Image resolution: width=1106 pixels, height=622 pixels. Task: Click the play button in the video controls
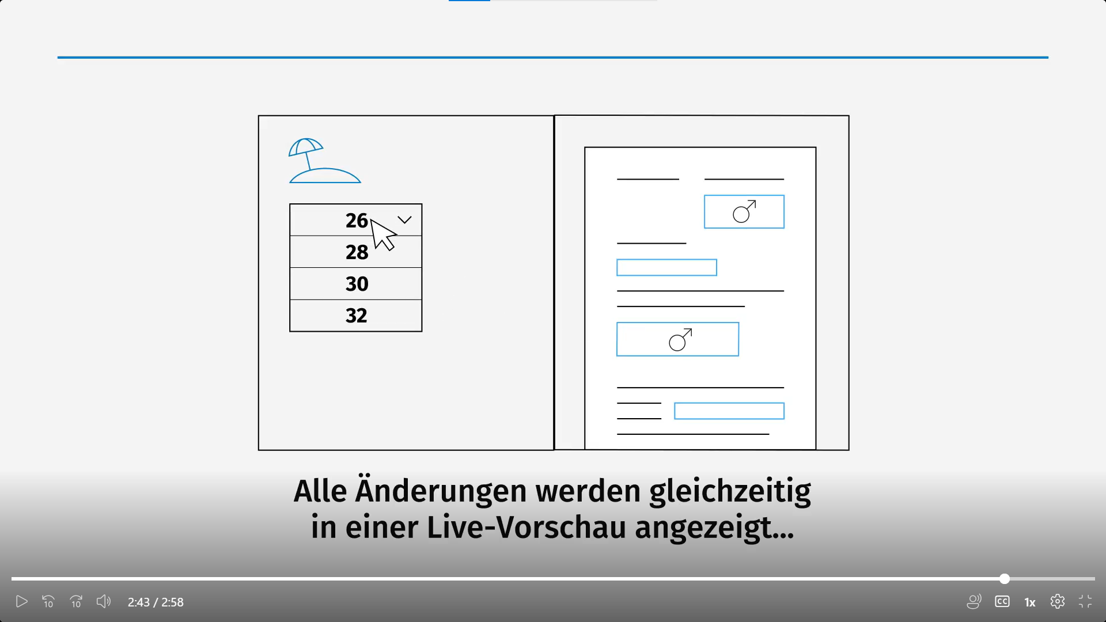(21, 602)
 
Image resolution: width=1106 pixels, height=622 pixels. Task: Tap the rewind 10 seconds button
(48, 602)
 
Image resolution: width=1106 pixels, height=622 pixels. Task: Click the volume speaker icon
(104, 602)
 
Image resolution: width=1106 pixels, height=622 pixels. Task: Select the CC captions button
(1002, 602)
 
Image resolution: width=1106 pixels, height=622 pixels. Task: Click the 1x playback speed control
(1030, 602)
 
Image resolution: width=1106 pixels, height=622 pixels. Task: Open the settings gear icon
(1058, 602)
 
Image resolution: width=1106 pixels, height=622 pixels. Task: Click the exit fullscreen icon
(1085, 602)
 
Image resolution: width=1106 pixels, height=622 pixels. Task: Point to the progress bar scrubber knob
(1005, 579)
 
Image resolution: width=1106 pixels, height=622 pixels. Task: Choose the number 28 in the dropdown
(357, 252)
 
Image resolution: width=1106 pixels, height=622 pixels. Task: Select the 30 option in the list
(357, 284)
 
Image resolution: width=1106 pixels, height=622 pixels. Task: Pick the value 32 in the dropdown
(357, 316)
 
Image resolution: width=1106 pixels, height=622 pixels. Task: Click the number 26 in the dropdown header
(357, 221)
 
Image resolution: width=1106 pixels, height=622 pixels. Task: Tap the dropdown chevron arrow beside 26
(404, 220)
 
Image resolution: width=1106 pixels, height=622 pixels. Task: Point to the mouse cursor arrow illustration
(382, 234)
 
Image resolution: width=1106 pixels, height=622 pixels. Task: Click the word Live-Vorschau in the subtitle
(527, 528)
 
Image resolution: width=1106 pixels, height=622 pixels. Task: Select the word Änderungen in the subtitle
(441, 490)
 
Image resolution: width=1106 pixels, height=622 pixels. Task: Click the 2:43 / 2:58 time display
(156, 602)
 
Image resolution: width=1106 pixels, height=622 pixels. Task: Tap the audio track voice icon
(974, 602)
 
